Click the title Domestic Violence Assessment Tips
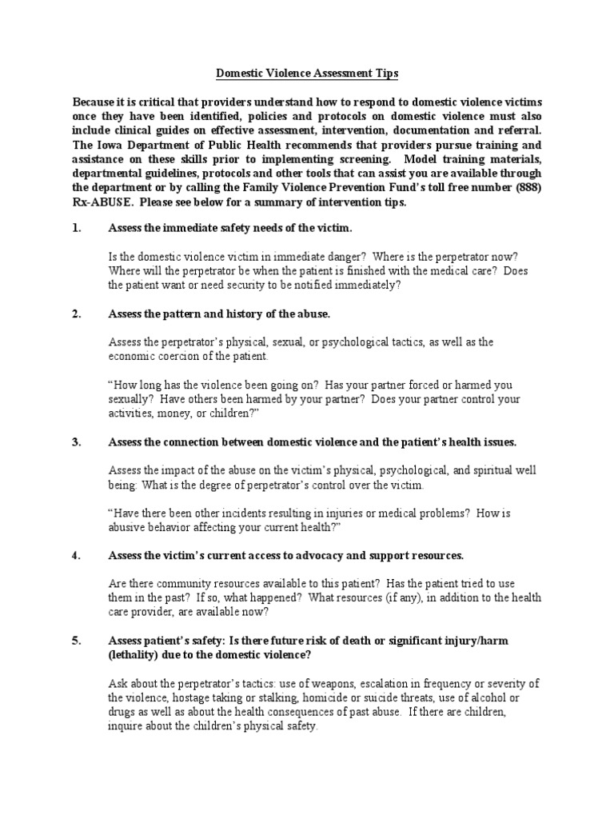307,74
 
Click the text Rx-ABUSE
96,202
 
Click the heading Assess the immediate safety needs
229,228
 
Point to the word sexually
130,398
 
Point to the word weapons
329,683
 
